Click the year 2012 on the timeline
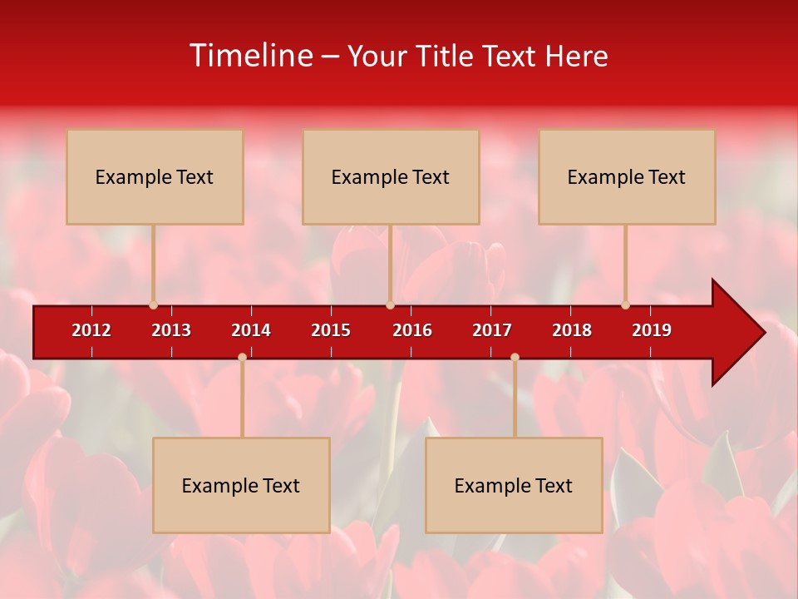[x=91, y=330]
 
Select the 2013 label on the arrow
[x=171, y=330]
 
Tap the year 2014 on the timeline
[x=251, y=330]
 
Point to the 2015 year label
[x=331, y=330]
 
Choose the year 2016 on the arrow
[x=412, y=330]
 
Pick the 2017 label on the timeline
[x=492, y=330]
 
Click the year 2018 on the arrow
[x=572, y=330]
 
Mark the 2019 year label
[x=652, y=330]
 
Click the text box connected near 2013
[x=155, y=176]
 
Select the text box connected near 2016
[x=391, y=176]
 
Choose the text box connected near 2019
[x=627, y=176]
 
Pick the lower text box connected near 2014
[x=241, y=485]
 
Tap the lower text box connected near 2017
[x=514, y=485]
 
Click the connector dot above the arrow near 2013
[x=153, y=304]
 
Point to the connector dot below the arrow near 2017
[x=515, y=357]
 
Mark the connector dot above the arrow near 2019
[x=625, y=304]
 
